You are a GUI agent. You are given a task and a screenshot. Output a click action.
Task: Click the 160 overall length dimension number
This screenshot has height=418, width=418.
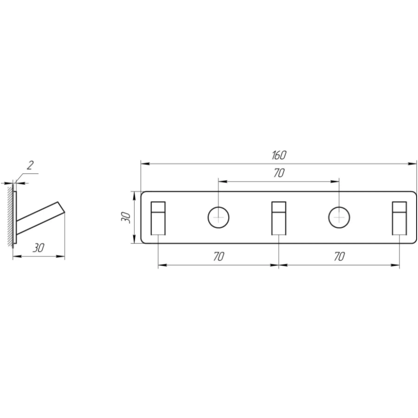click(x=279, y=155)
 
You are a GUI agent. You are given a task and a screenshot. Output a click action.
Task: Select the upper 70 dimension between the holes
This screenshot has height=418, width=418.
click(x=279, y=173)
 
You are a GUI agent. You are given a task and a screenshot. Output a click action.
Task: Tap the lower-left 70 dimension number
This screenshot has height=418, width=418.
click(x=219, y=256)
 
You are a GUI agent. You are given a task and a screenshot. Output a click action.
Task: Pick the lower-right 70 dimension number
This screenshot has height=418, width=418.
click(x=339, y=256)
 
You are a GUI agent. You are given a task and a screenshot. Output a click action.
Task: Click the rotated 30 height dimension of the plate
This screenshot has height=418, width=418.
click(x=126, y=217)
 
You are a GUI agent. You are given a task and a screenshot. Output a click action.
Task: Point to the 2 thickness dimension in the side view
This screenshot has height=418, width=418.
click(x=30, y=165)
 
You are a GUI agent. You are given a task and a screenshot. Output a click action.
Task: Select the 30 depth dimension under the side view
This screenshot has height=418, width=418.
click(x=39, y=248)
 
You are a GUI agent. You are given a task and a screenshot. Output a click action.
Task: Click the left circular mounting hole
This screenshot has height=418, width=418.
click(x=218, y=217)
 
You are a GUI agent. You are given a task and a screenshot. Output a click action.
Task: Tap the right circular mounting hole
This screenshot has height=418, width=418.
click(x=339, y=217)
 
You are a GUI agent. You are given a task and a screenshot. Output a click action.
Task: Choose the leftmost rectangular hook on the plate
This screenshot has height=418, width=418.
click(x=158, y=218)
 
